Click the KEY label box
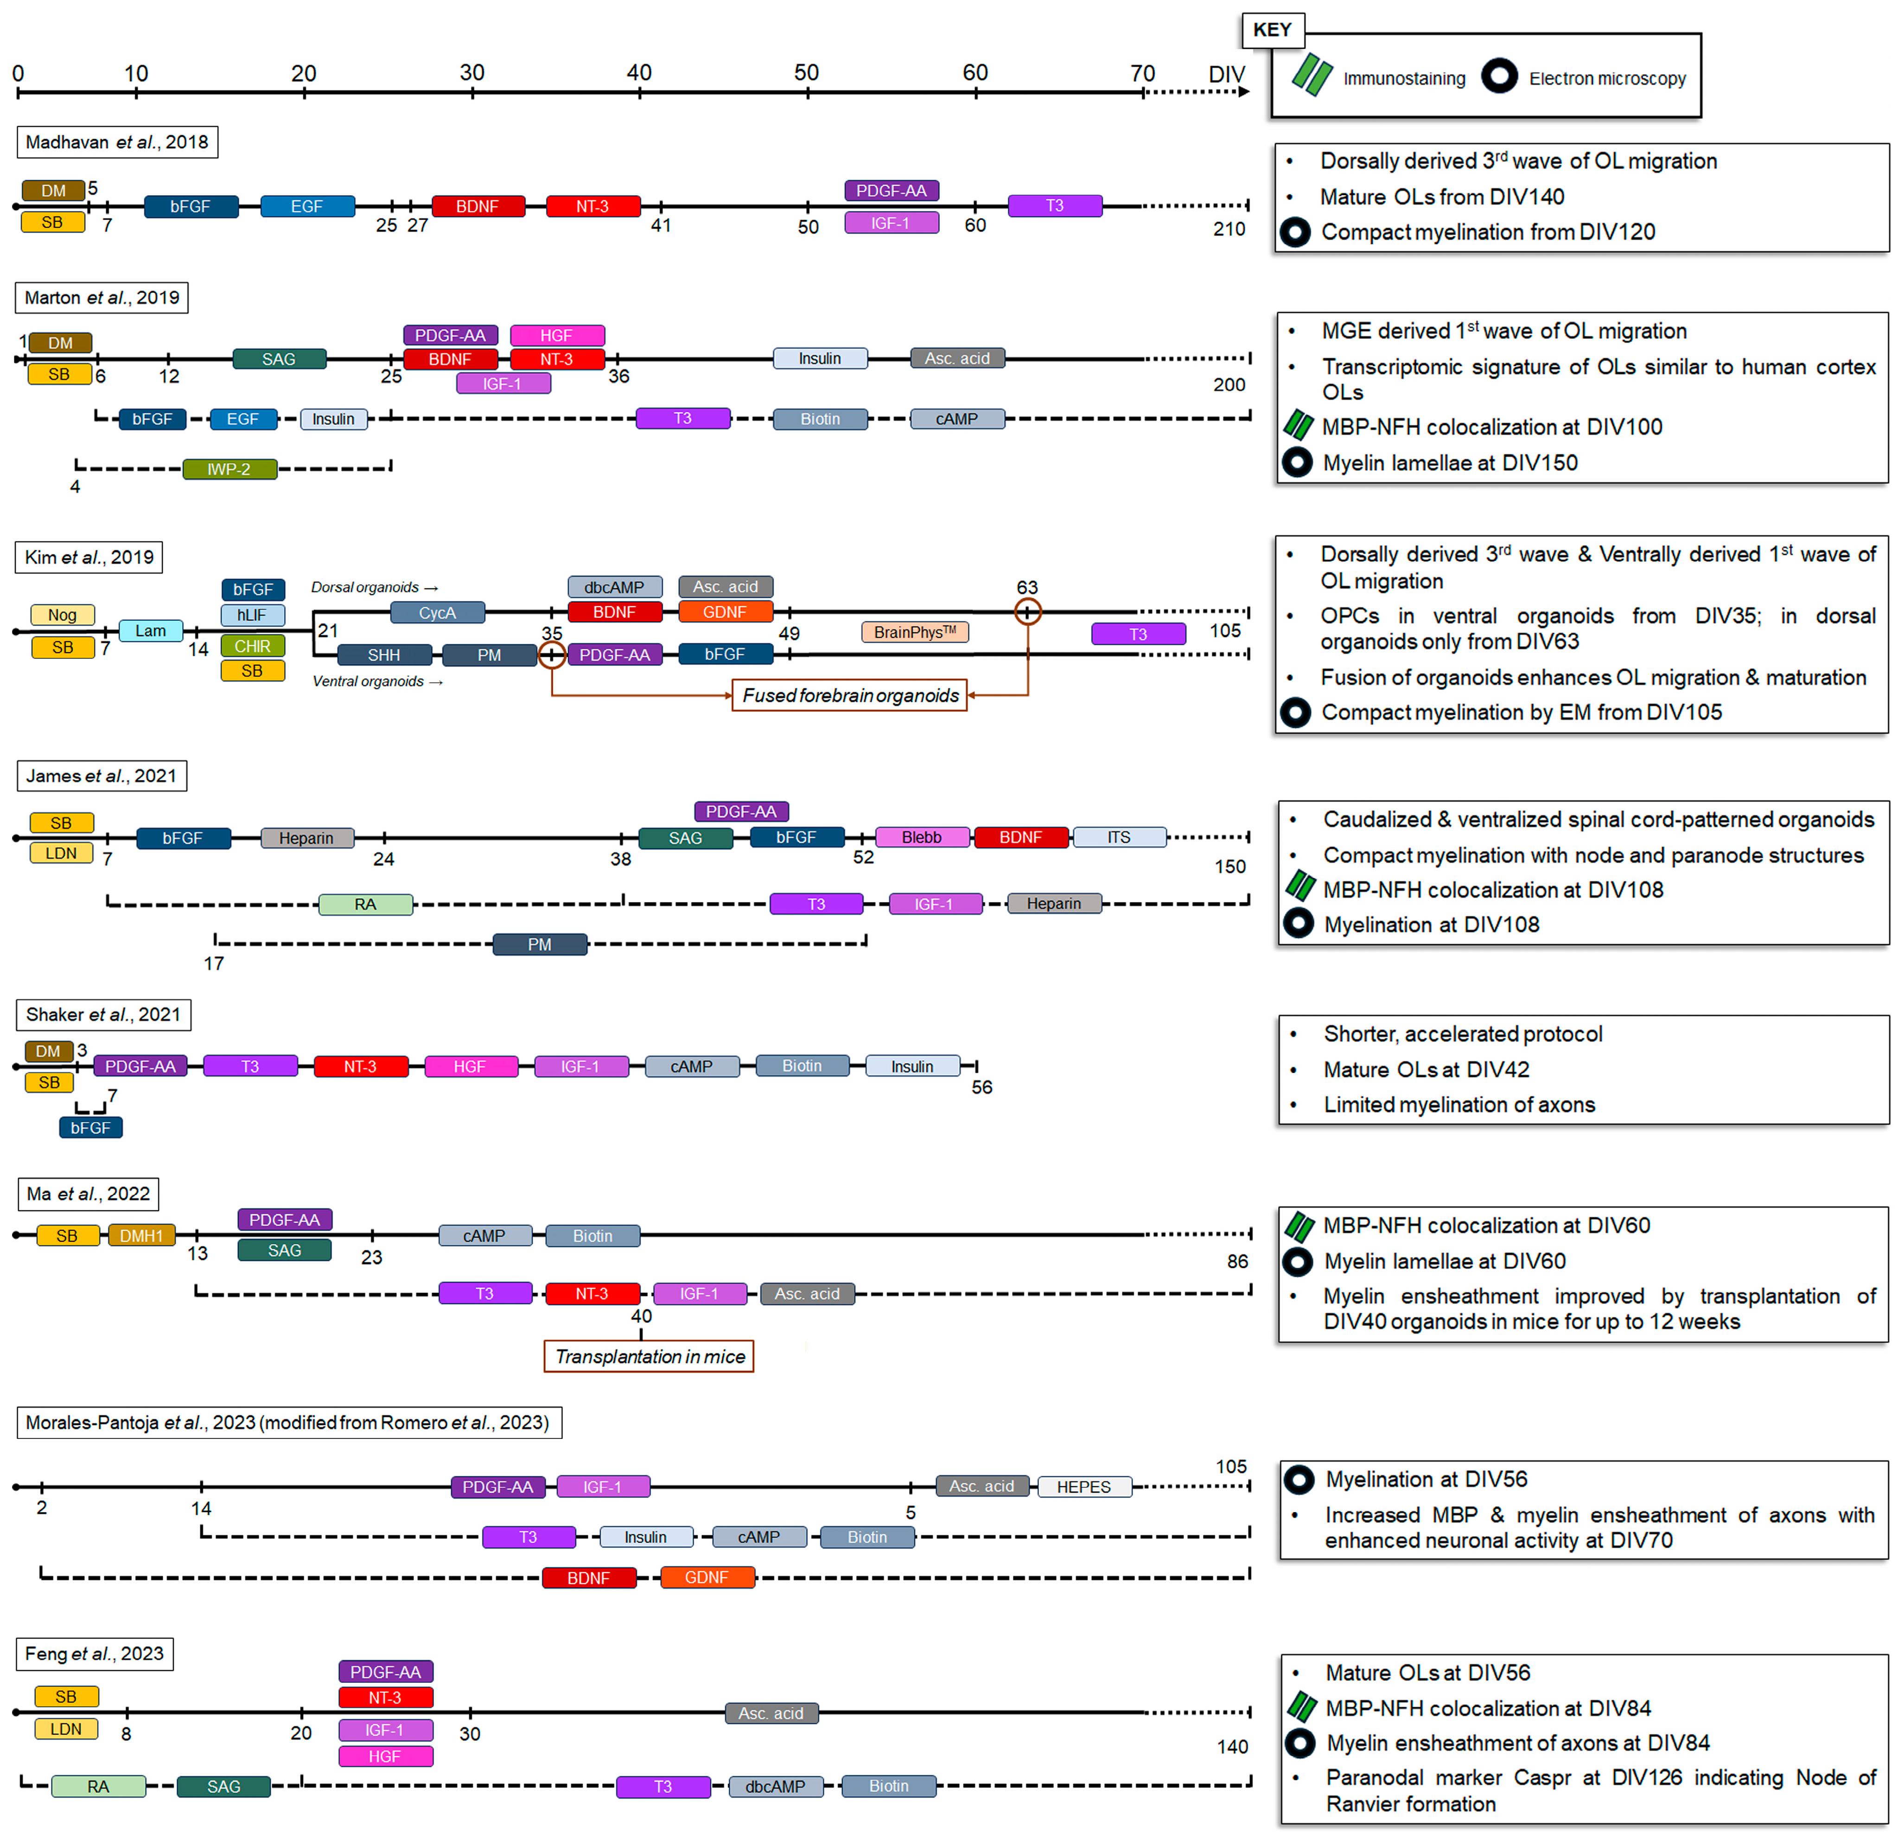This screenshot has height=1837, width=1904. click(1272, 30)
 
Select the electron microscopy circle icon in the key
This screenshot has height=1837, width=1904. click(1499, 76)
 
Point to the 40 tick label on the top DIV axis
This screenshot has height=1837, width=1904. click(639, 73)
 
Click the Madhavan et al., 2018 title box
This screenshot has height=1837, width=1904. click(116, 142)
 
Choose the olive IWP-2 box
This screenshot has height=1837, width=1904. click(229, 469)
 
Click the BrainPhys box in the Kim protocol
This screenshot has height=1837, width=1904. click(914, 632)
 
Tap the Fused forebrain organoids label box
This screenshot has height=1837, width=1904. click(849, 696)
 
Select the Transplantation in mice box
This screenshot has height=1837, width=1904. click(649, 1356)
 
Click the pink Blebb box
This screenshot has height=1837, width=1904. click(921, 838)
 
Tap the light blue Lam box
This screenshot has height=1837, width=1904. click(151, 630)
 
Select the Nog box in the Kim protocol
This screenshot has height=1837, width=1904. click(62, 615)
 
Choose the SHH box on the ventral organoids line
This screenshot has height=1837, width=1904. click(384, 655)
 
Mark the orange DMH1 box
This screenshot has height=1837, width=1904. click(142, 1236)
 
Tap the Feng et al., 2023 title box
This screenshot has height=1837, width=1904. click(94, 1653)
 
